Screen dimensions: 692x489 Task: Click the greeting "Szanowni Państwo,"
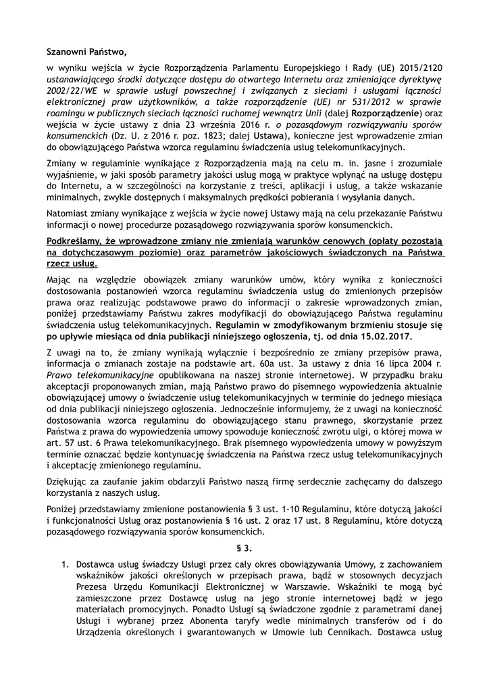(x=86, y=51)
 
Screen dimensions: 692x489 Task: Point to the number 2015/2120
(x=419, y=68)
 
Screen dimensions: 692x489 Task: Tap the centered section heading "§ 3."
(x=244, y=547)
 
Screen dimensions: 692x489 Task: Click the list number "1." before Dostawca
(x=66, y=564)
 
